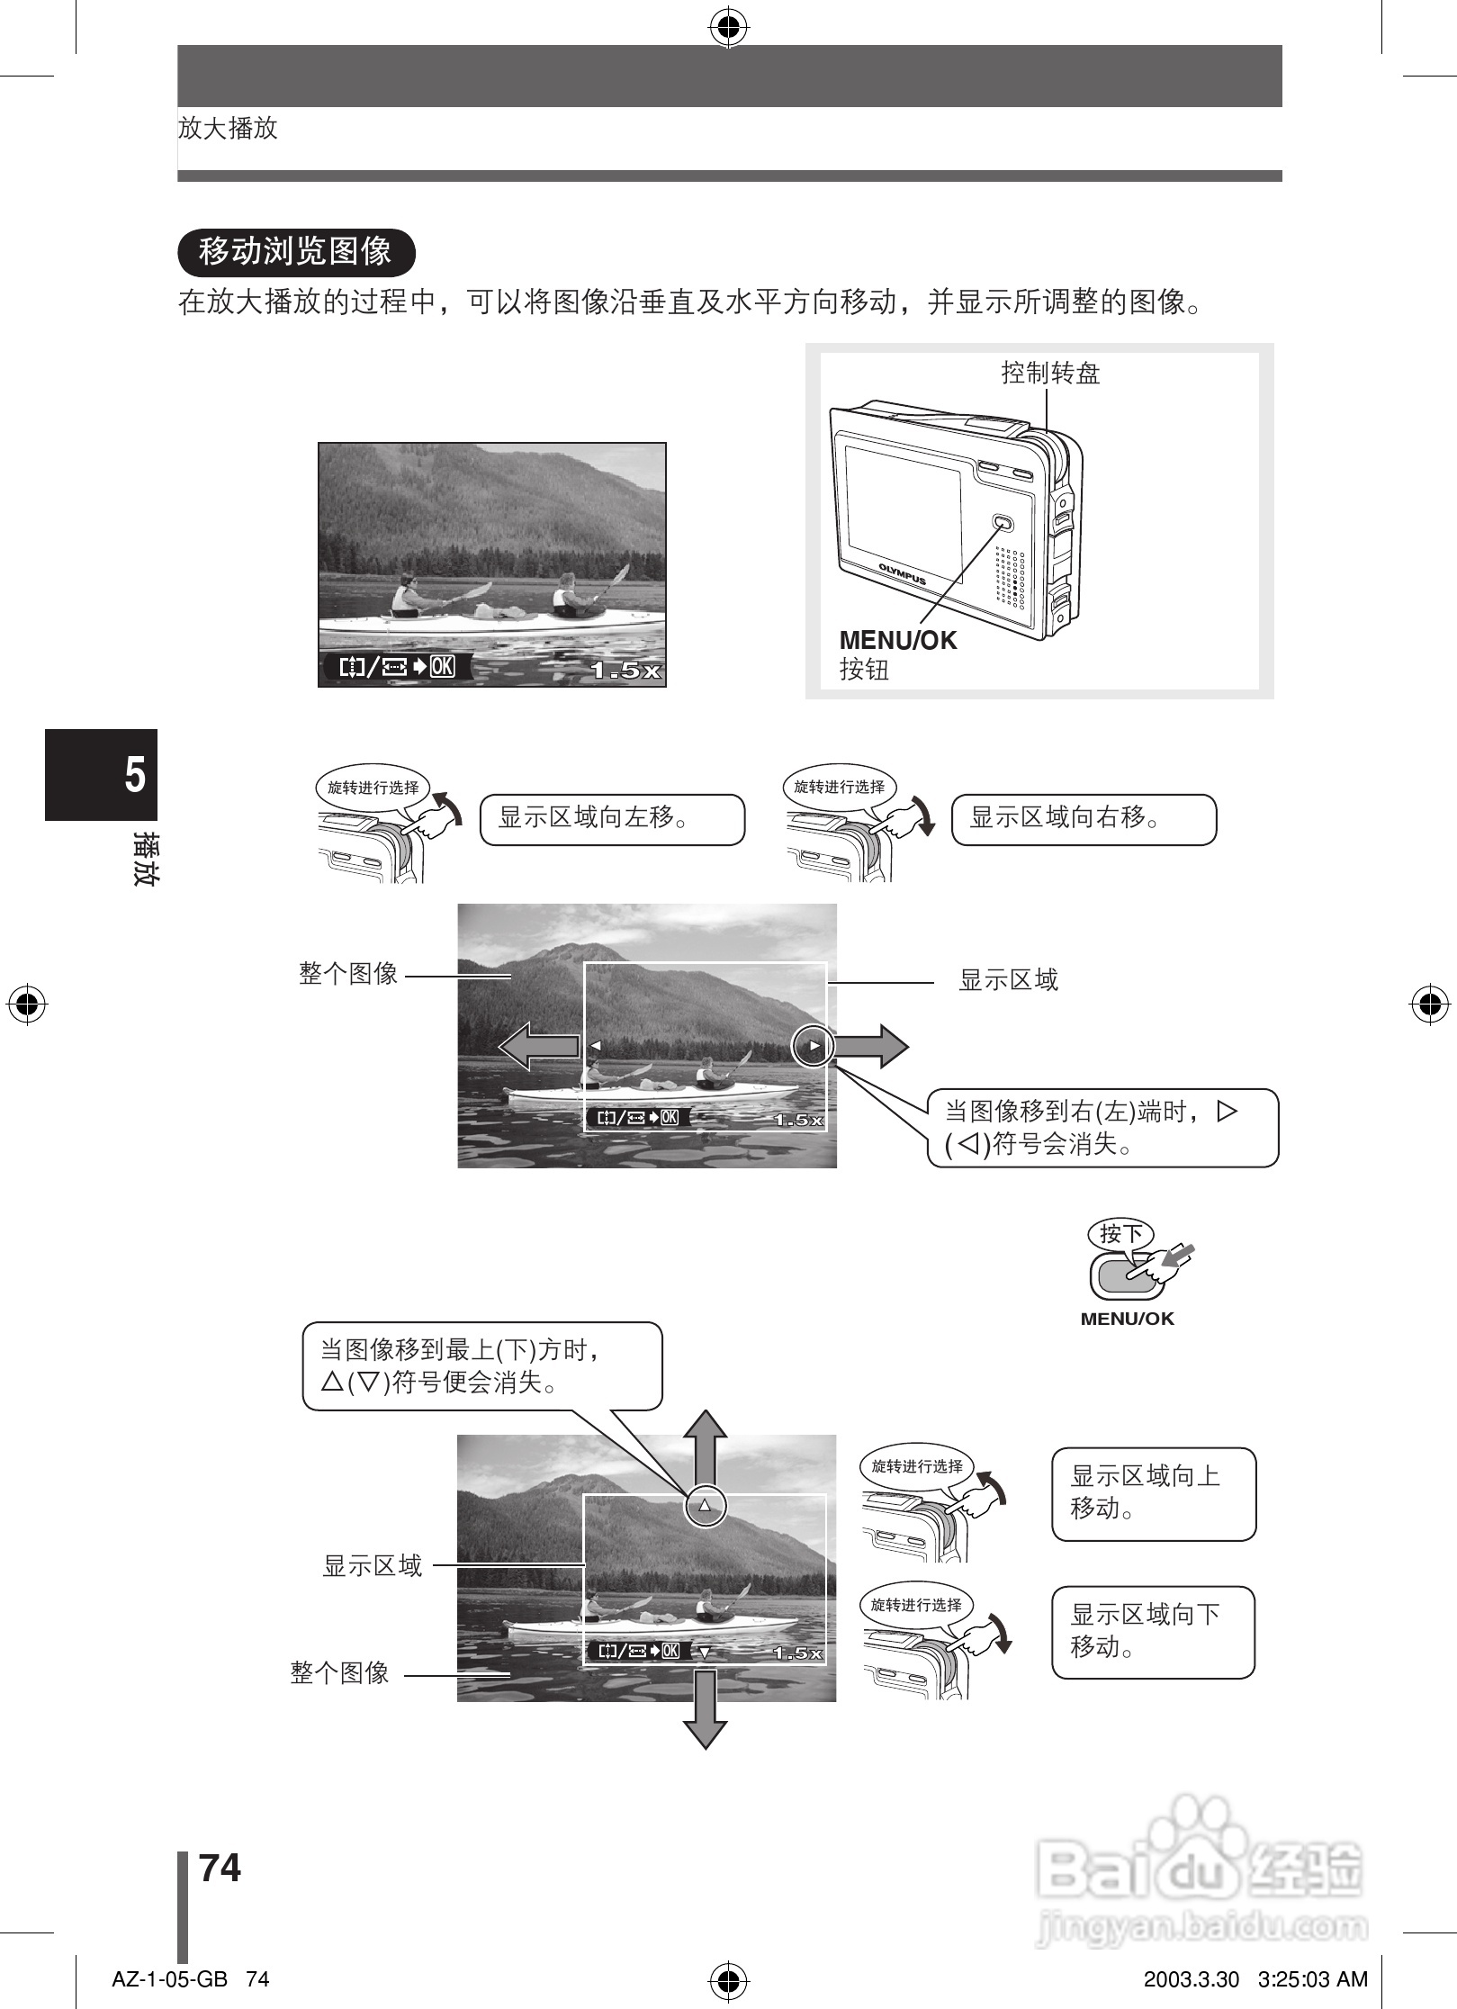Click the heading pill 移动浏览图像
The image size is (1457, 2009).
pos(296,252)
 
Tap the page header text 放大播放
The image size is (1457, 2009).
pos(228,129)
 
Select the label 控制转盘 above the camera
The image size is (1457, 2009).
pos(1050,374)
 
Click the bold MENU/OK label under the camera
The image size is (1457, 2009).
pos(897,641)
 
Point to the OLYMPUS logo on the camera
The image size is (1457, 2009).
pos(902,573)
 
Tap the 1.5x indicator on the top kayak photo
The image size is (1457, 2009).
pos(625,671)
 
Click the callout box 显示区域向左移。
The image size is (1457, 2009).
pos(612,819)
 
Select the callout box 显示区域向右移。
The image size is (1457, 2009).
pos(1083,819)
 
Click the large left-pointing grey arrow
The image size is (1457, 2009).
pos(538,1046)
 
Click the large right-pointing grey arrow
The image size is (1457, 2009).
pos(871,1046)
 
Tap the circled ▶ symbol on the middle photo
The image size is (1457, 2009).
pos(813,1046)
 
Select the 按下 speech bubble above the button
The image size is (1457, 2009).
pos(1120,1234)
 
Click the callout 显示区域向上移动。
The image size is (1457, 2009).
pos(1153,1493)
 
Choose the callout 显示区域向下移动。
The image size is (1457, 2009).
pos(1153,1632)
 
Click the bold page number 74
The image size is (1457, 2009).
pos(220,1868)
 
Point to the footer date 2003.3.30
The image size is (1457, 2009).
pos(1191,1979)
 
